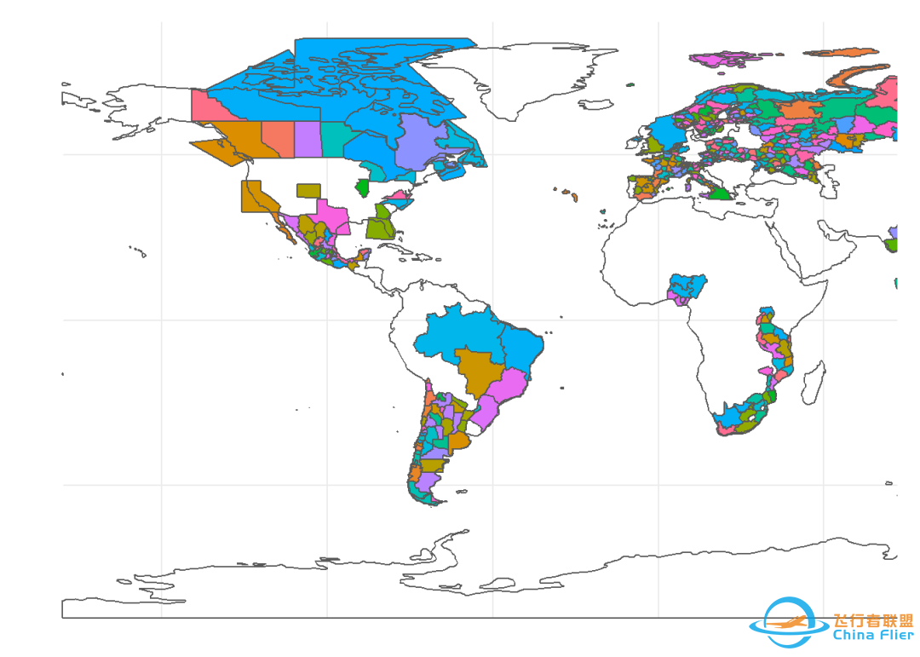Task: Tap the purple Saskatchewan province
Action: tap(308, 139)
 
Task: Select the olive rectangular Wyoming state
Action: tap(308, 190)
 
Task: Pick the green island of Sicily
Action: tap(721, 193)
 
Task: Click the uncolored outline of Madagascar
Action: tap(814, 383)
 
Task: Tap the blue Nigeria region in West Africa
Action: tap(689, 285)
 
